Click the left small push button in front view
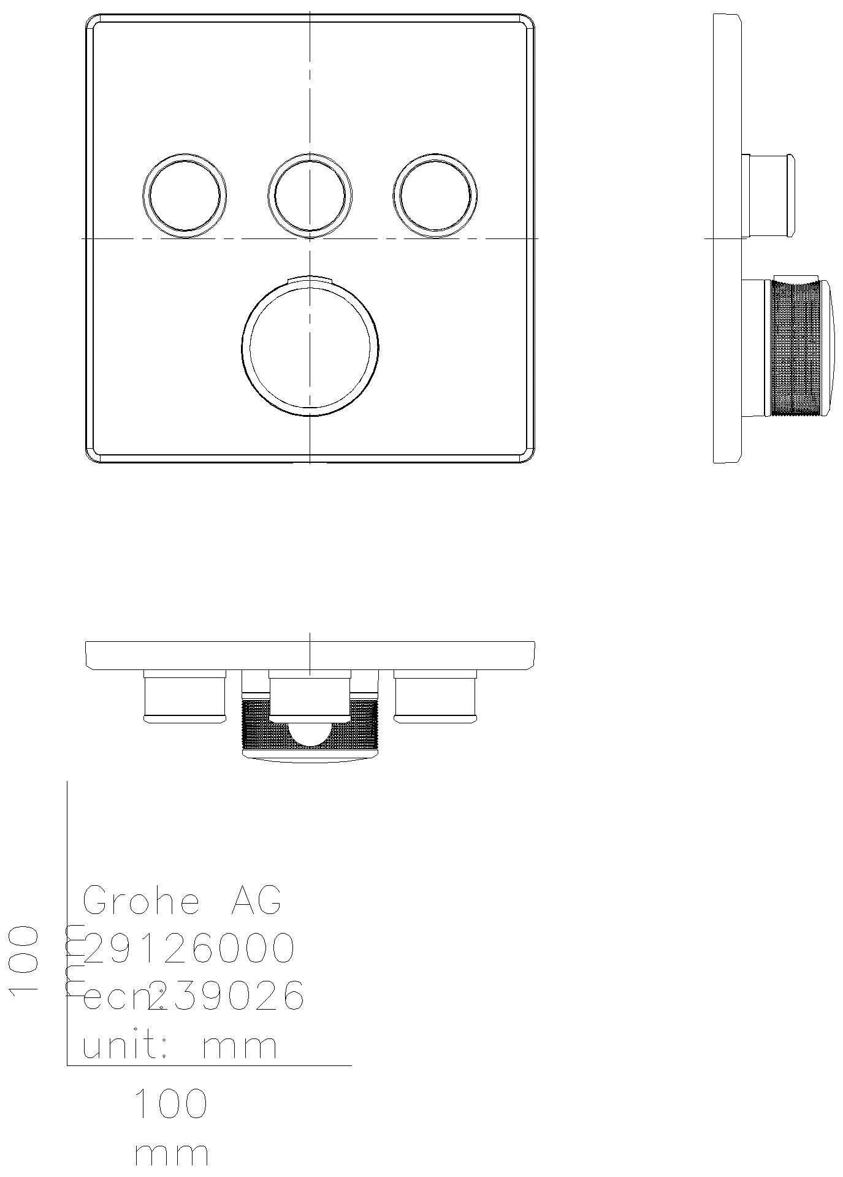tap(185, 195)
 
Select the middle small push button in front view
tap(310, 195)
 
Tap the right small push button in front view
tap(435, 195)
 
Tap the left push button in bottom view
tap(185, 696)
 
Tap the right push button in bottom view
tap(435, 696)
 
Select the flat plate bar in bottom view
tap(310, 655)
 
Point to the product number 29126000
tap(188, 948)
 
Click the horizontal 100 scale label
tap(171, 1103)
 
